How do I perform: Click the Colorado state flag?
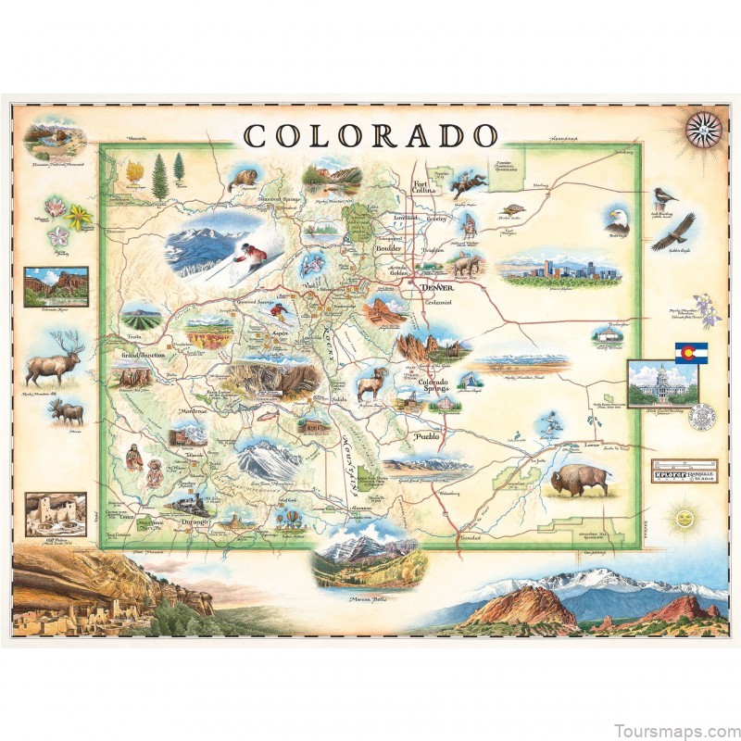[x=687, y=354]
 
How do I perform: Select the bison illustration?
[x=580, y=480]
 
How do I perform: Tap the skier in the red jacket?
[x=247, y=253]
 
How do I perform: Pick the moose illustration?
[x=67, y=410]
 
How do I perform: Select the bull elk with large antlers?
[x=54, y=361]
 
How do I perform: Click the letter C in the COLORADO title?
[x=257, y=136]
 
